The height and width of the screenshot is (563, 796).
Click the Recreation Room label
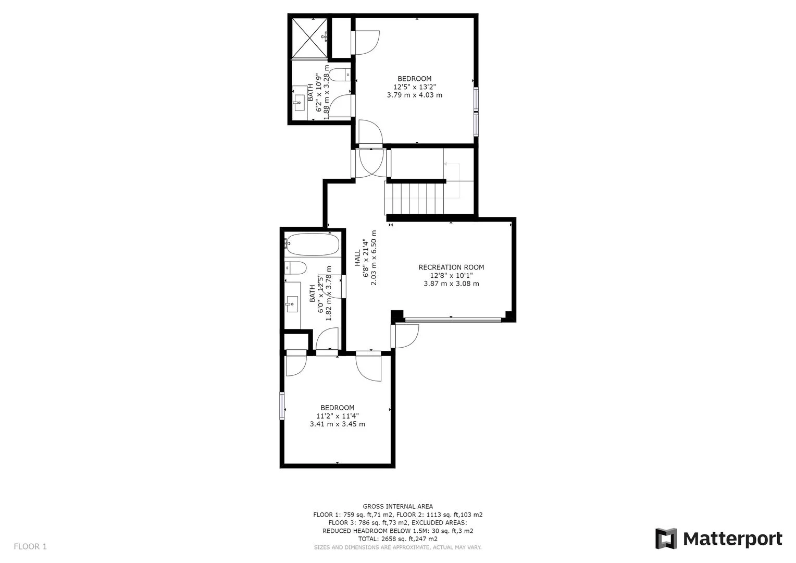(451, 267)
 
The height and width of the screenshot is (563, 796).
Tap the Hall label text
(358, 258)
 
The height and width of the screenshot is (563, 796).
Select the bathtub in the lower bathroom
(312, 244)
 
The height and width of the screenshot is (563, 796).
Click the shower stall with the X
(309, 38)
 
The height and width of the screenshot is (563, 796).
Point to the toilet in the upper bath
(340, 75)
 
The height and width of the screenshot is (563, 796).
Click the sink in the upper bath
(299, 100)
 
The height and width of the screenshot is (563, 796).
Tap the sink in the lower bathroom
(292, 303)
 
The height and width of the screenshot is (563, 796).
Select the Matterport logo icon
(666, 538)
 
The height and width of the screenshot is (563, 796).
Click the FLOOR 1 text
(30, 546)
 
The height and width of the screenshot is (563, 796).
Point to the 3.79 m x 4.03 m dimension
(415, 95)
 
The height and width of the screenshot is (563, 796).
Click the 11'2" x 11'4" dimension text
(338, 416)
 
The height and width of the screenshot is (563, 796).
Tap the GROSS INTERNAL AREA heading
(397, 506)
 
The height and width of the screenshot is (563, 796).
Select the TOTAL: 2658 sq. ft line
(397, 538)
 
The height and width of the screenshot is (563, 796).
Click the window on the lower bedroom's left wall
(282, 406)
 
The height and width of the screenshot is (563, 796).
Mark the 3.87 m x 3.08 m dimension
(451, 284)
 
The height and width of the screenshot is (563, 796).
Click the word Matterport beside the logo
(732, 538)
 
